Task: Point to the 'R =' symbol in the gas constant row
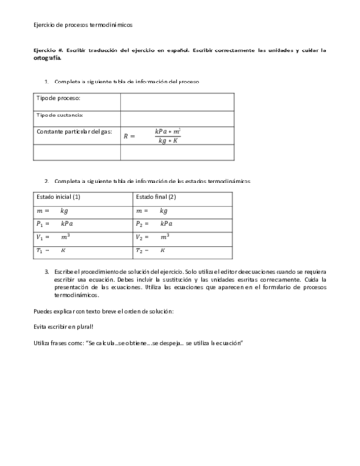coord(130,137)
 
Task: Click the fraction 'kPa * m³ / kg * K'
coord(176,136)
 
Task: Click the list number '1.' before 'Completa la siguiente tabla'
coord(47,82)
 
